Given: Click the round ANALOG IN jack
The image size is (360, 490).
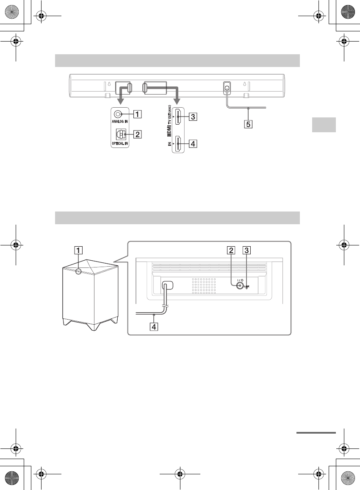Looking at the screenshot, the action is (118, 114).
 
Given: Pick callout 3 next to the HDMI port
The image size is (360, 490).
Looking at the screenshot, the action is (193, 117).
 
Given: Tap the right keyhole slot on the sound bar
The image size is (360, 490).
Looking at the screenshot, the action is (244, 84).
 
